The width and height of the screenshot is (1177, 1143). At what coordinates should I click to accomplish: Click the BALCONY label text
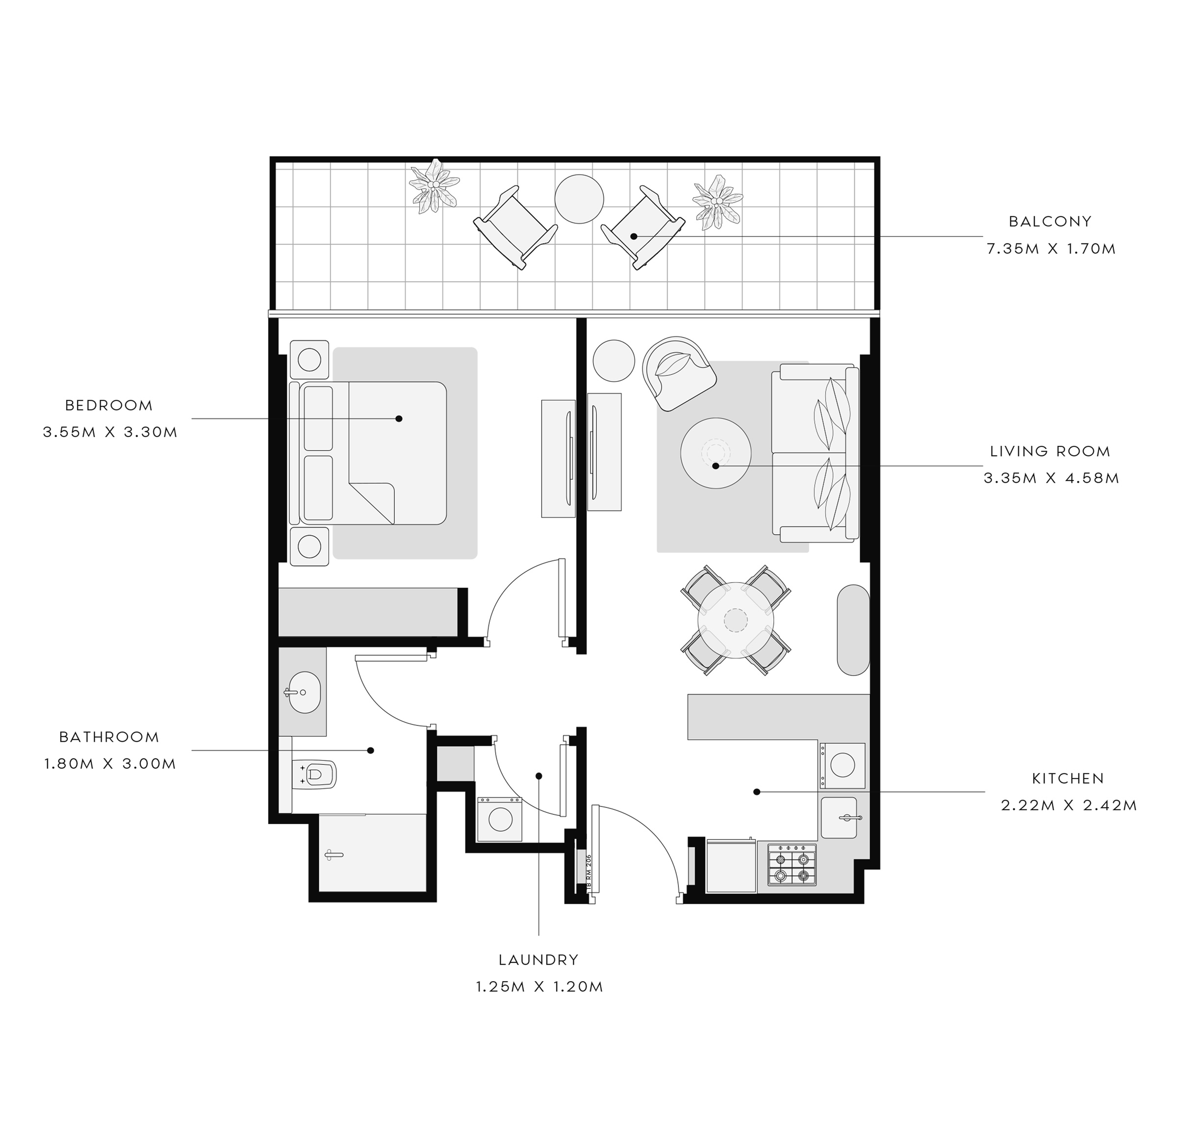[1050, 222]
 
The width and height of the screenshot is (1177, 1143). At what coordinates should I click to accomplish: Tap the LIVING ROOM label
[1050, 451]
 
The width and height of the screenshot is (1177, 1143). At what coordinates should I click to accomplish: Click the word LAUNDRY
[538, 960]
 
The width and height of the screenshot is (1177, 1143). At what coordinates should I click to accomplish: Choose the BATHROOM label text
[109, 737]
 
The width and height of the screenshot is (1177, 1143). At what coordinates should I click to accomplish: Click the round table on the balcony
[579, 199]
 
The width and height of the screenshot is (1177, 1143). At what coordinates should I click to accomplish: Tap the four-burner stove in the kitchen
[792, 865]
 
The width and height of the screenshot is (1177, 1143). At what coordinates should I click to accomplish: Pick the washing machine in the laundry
[500, 819]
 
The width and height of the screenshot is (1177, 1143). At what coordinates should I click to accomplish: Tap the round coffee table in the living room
[715, 453]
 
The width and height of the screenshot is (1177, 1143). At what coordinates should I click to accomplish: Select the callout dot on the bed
[399, 418]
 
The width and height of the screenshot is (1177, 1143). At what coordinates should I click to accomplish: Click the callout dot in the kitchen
[757, 792]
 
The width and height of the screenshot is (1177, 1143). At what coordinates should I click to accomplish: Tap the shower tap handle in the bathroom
[333, 854]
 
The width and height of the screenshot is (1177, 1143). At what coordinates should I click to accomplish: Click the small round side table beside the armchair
[614, 361]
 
